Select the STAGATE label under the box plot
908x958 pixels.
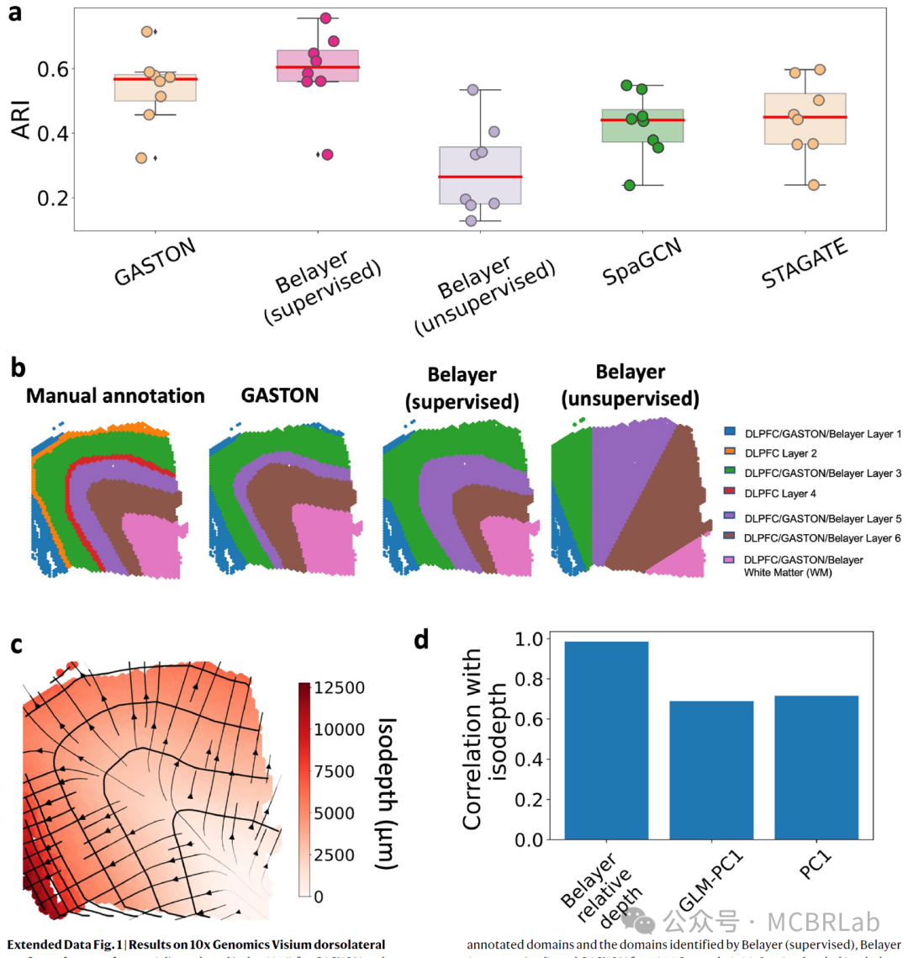(805, 263)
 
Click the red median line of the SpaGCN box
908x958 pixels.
(642, 119)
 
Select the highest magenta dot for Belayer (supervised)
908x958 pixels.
(325, 19)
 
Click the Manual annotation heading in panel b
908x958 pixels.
(115, 396)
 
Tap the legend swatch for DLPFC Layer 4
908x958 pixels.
(729, 494)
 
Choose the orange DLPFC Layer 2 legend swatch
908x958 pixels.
(729, 453)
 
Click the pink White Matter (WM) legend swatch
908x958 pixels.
(729, 559)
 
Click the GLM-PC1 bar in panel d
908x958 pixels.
(711, 770)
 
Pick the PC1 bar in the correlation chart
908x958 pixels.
(816, 767)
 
